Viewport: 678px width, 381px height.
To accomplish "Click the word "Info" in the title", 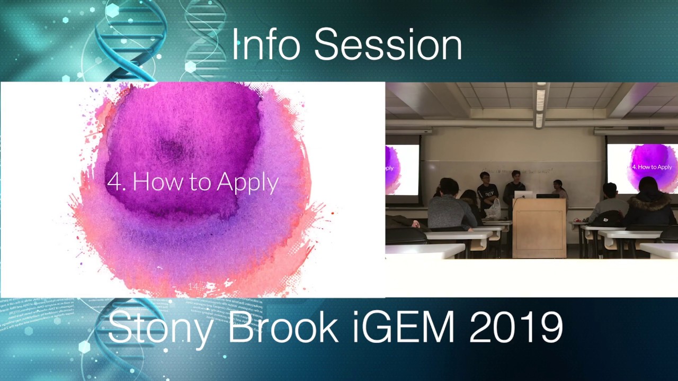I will pos(266,44).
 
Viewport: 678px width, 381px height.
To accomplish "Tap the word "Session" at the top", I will pos(388,44).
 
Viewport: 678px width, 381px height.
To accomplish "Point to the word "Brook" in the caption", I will pos(283,327).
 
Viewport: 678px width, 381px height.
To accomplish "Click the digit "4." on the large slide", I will pos(116,182).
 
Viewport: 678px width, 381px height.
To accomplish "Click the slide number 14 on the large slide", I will pos(194,286).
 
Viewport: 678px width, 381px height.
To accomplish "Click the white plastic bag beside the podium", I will pos(494,209).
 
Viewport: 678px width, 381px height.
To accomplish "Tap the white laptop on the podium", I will pos(523,194).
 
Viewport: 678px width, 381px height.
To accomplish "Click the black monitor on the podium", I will pos(547,195).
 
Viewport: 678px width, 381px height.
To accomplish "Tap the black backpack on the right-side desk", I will pos(608,219).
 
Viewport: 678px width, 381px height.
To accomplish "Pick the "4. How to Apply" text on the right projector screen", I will pos(652,167).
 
